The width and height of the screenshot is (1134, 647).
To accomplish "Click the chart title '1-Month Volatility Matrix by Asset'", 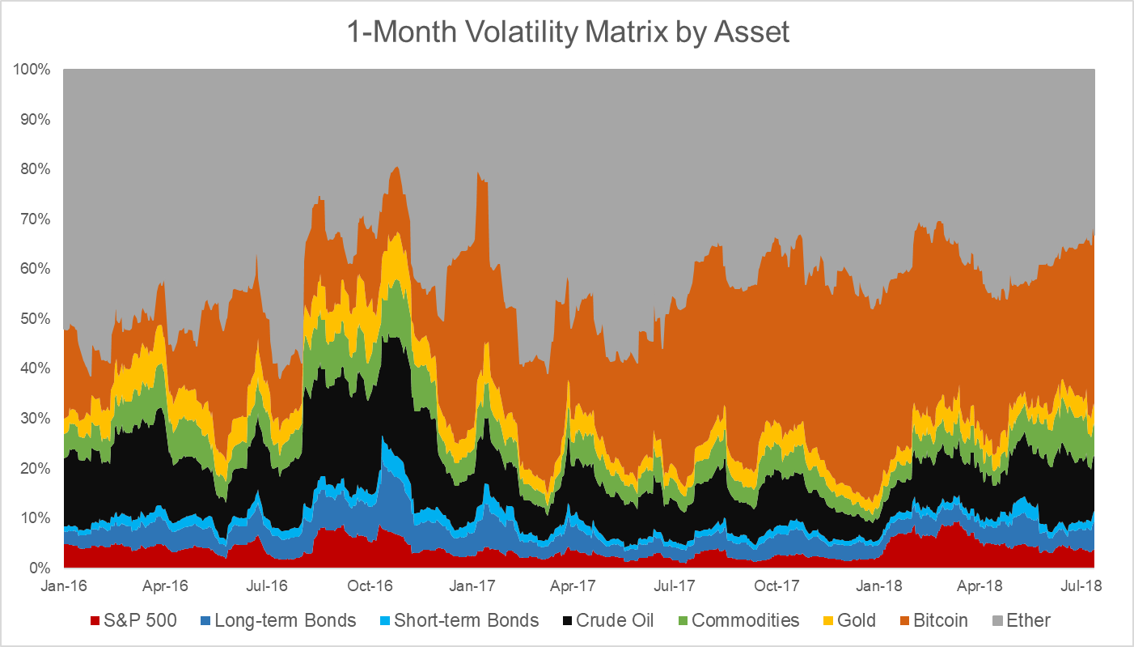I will click(568, 32).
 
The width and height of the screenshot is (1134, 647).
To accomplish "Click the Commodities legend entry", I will click(735, 621).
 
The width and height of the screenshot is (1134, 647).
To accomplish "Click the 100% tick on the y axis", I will click(32, 70).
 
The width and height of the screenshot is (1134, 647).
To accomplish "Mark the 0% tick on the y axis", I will click(39, 568).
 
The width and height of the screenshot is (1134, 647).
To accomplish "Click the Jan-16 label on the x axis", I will click(63, 584).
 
